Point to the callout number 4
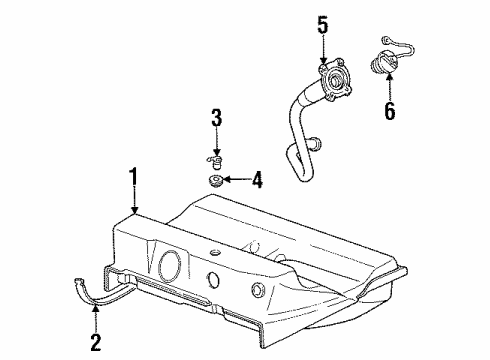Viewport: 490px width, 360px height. pos(258,181)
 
